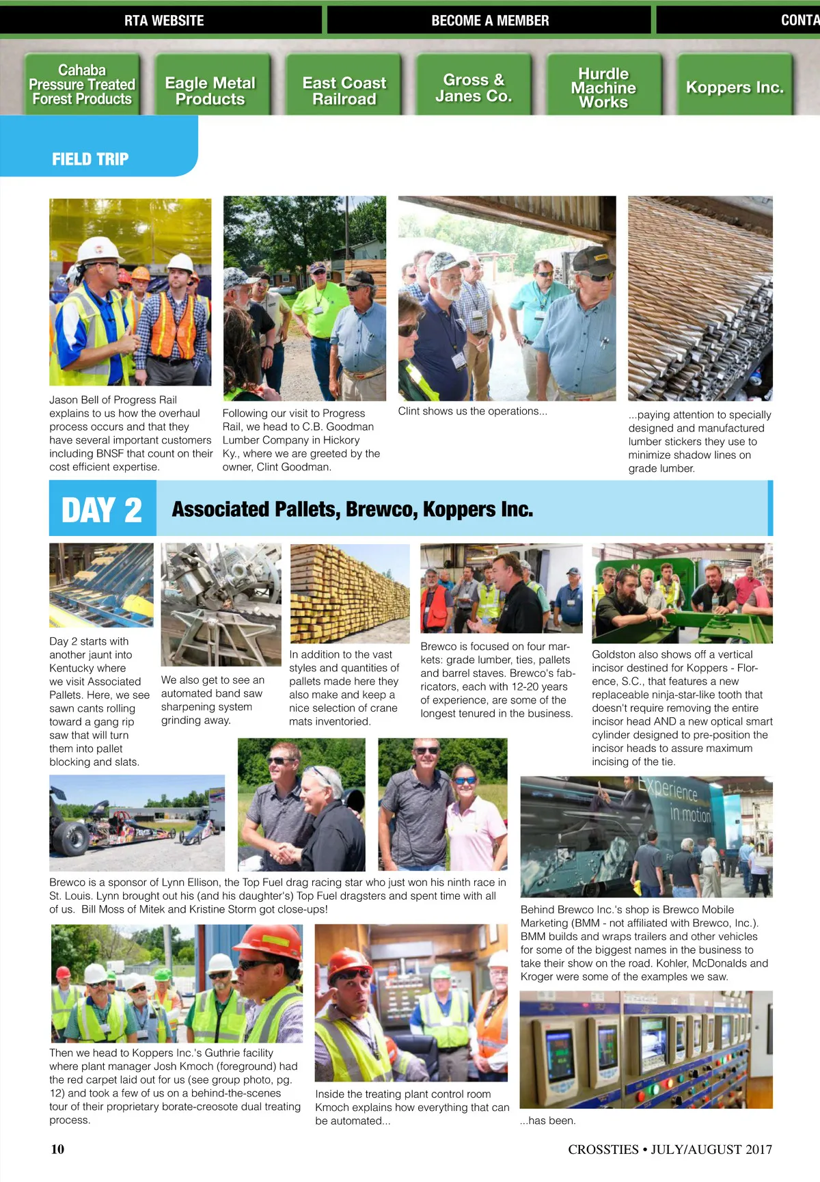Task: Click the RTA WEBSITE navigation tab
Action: pos(164,21)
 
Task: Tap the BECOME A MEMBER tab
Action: pos(490,21)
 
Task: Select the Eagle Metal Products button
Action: pos(210,91)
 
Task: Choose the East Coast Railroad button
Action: pos(344,91)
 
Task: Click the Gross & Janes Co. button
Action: pos(474,88)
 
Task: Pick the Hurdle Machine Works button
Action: pos(603,88)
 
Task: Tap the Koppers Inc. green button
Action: pos(735,88)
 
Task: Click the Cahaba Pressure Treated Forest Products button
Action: pos(82,85)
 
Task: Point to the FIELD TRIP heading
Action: pos(90,159)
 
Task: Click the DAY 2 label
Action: pos(102,510)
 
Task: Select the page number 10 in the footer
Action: pos(57,1149)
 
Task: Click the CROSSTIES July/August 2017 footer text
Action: pos(670,1149)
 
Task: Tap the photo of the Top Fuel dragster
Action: pos(137,822)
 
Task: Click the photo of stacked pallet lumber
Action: pos(350,593)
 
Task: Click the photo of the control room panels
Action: pos(646,1049)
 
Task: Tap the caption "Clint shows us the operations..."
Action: pos(472,412)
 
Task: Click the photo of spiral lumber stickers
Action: pos(700,298)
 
